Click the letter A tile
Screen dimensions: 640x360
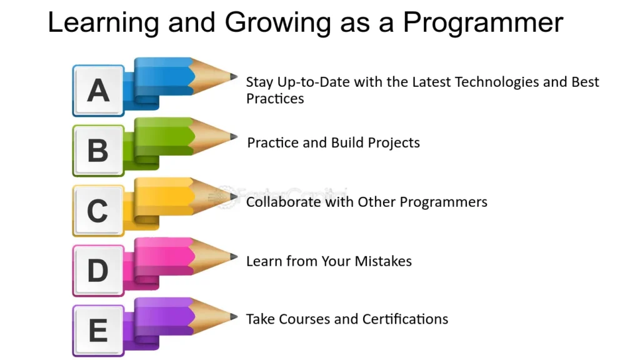[x=98, y=91]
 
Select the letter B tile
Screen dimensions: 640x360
[x=98, y=151]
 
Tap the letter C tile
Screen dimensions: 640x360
[x=98, y=211]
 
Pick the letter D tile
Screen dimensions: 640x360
[x=98, y=271]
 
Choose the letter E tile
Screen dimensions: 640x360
[x=98, y=331]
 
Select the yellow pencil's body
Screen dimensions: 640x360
[x=163, y=198]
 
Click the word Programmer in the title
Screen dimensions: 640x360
[x=483, y=23]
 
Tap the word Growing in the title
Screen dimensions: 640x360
[x=277, y=23]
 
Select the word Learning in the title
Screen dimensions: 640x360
[x=104, y=23]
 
